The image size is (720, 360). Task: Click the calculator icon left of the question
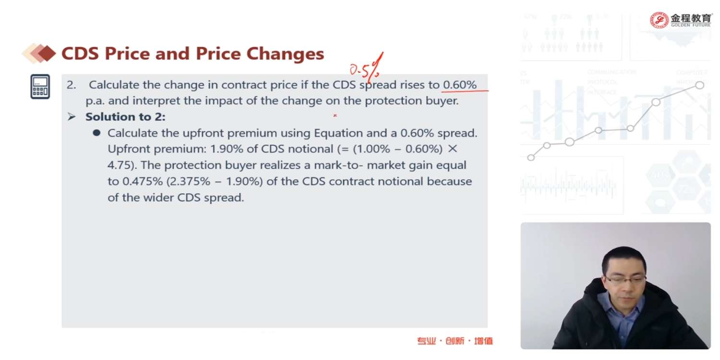pyautogui.click(x=40, y=86)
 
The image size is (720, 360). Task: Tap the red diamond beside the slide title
pyautogui.click(x=47, y=53)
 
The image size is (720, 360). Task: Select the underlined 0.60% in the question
pyautogui.click(x=460, y=85)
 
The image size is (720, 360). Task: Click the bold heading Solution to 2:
pyautogui.click(x=125, y=117)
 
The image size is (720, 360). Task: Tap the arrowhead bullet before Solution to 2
pyautogui.click(x=72, y=116)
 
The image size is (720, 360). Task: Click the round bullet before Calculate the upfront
pyautogui.click(x=96, y=133)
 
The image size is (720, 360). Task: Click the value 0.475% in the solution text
pyautogui.click(x=143, y=181)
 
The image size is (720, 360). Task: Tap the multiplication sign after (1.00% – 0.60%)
pyautogui.click(x=452, y=149)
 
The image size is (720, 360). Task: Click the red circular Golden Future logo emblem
pyautogui.click(x=659, y=20)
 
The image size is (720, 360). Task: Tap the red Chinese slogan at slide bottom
pyautogui.click(x=455, y=341)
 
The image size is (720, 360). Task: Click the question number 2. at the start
pyautogui.click(x=72, y=85)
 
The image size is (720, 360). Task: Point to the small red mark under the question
pyautogui.click(x=335, y=115)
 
